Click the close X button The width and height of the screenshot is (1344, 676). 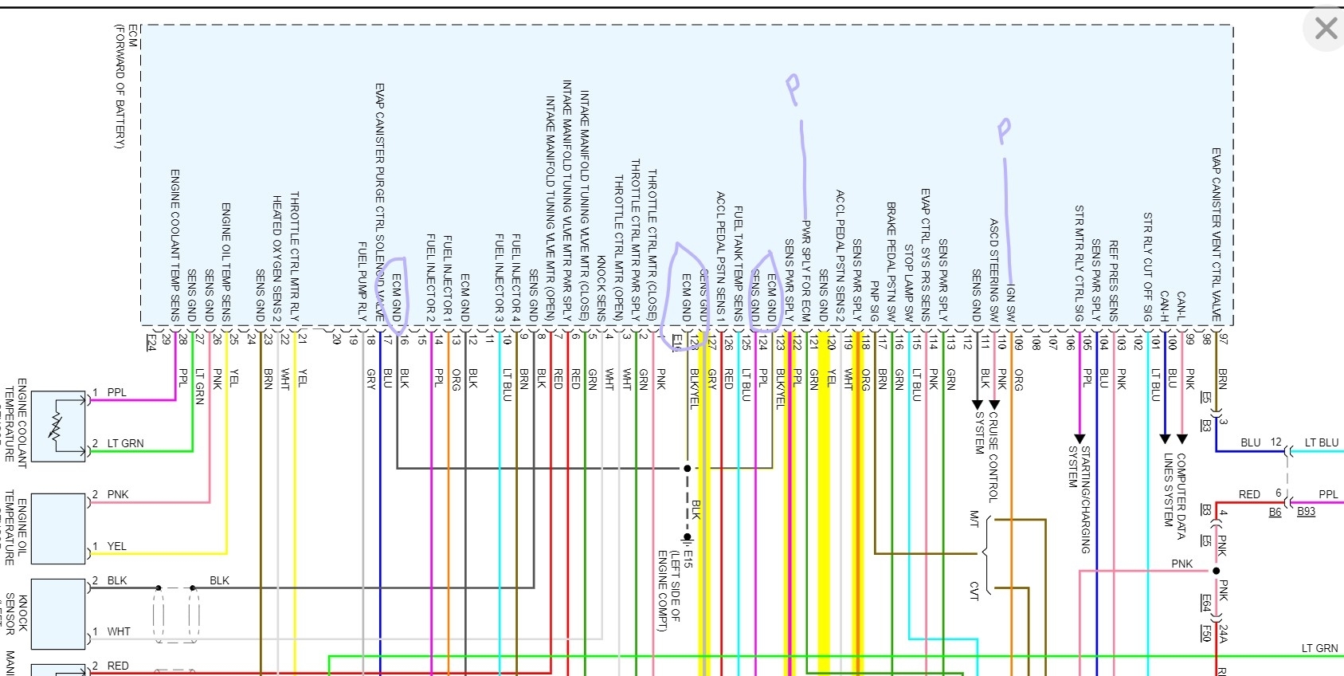1326,29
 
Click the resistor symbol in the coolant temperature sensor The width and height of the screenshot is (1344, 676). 56,427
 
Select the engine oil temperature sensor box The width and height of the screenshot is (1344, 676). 57,529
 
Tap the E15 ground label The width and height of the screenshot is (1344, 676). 688,558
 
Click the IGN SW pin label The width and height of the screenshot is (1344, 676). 1011,303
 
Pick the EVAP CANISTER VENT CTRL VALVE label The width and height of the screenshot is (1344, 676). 1217,234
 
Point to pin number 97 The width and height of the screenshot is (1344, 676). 1224,339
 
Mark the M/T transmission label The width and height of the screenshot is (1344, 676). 974,519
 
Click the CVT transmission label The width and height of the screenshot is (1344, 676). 974,591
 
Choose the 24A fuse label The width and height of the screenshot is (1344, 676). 1223,634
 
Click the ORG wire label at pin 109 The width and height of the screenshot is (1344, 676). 1019,380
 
